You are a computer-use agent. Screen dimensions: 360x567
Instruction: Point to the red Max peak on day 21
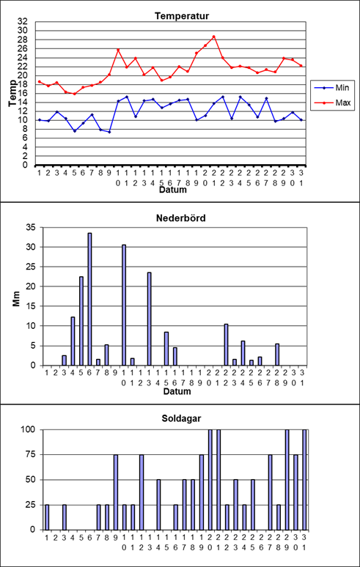coord(214,37)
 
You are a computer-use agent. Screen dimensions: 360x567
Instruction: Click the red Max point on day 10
coord(118,50)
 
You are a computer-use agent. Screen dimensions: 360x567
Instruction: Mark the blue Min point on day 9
coord(109,132)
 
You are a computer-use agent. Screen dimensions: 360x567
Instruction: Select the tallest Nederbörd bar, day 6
coord(89,299)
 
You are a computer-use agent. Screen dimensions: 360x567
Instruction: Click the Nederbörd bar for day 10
coord(124,305)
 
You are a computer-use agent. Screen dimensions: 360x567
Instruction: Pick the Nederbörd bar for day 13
coord(149,319)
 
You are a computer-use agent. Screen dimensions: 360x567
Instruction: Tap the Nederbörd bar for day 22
coord(226,344)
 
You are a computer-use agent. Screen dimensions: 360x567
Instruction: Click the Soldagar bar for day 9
coord(116,492)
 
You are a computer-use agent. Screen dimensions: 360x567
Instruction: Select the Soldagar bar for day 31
coord(304,480)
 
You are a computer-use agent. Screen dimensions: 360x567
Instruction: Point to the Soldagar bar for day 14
coord(158,505)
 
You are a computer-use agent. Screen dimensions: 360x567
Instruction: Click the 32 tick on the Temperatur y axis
coord(23,21)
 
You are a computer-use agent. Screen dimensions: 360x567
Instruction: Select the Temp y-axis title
coord(12,93)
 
